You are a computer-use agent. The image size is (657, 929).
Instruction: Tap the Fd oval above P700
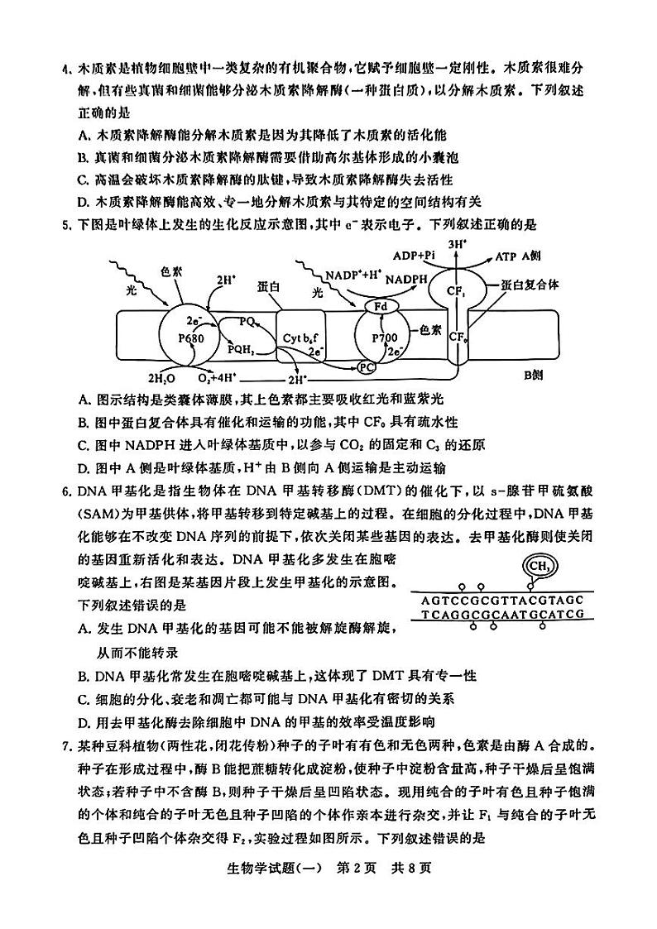(381, 306)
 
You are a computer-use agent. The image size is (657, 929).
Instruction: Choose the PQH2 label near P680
(242, 349)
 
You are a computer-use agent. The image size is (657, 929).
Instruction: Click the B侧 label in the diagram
(533, 375)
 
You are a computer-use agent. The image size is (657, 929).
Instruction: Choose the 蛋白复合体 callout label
(530, 284)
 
